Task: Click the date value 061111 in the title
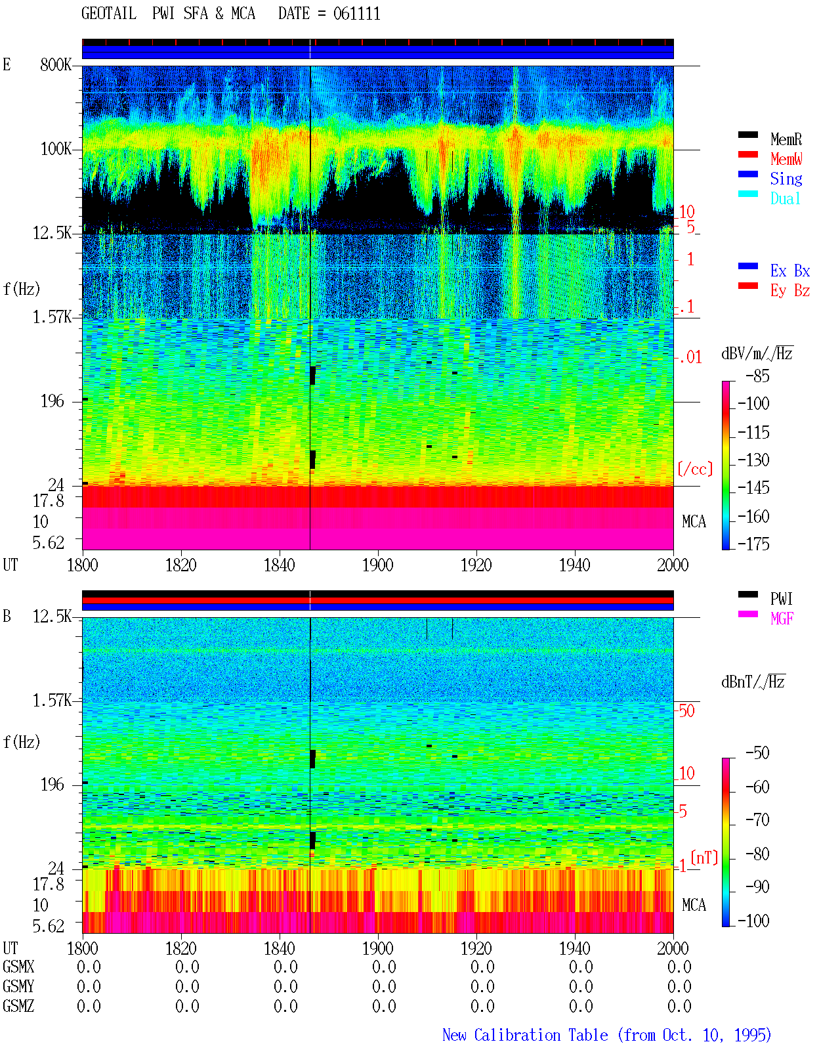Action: [x=356, y=14]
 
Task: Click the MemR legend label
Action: [x=786, y=139]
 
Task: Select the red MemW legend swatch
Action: [x=747, y=154]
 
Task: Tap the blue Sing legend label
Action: [x=786, y=179]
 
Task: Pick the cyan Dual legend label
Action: [x=785, y=198]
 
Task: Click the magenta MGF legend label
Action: [x=782, y=619]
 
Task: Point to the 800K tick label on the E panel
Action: [x=56, y=64]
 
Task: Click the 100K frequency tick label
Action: [x=56, y=149]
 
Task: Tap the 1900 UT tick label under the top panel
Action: [x=377, y=565]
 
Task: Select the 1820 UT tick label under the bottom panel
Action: [x=180, y=948]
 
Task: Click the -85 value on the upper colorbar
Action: [x=757, y=376]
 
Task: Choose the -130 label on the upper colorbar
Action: [x=753, y=460]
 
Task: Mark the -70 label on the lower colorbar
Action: [x=757, y=820]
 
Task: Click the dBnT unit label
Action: [x=753, y=682]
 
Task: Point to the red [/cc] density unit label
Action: [x=695, y=469]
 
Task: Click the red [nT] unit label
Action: [x=704, y=858]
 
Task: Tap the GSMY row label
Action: [x=18, y=986]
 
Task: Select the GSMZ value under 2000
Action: [x=679, y=1006]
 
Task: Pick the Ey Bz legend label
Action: [x=790, y=291]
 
